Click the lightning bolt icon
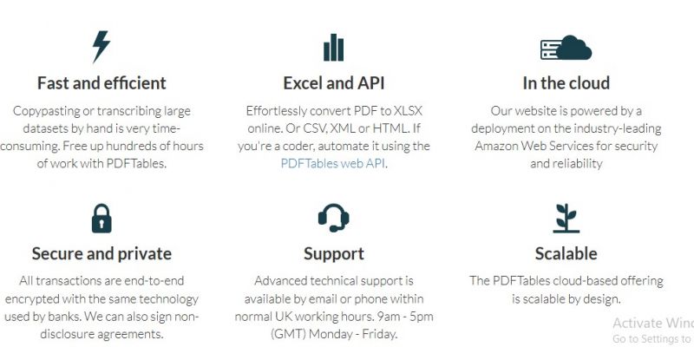pos(101,46)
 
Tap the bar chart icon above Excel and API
pos(334,48)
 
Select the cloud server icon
pos(566,48)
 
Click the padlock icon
pos(101,219)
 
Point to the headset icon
pos(334,218)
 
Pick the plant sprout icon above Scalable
pos(566,219)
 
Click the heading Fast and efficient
pos(101,83)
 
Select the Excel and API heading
pos(334,83)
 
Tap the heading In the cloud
pos(566,83)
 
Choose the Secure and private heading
pos(101,253)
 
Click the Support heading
pos(334,254)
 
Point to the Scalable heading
pos(566,253)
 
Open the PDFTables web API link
pos(333,163)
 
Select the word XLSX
pos(408,111)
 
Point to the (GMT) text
pos(288,334)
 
